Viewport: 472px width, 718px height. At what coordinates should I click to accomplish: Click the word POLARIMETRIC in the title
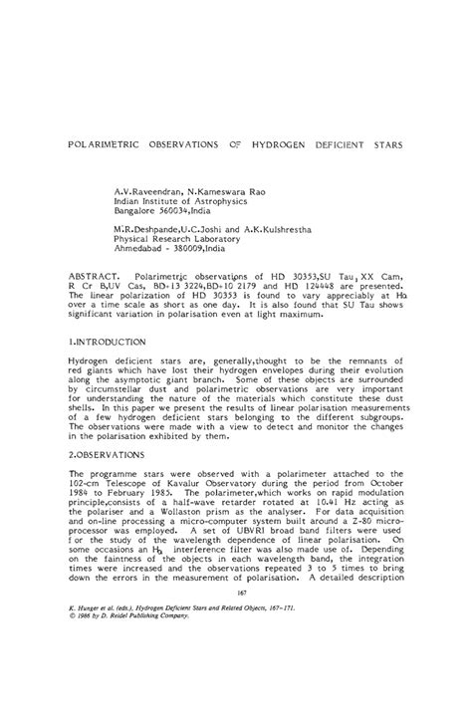click(106, 143)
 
